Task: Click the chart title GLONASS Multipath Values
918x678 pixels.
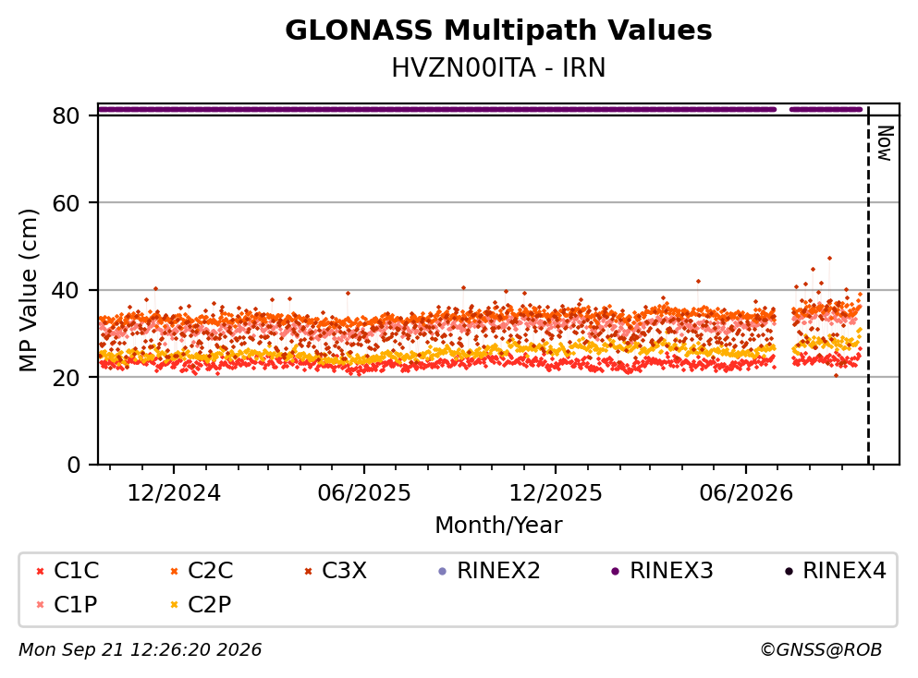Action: [x=498, y=30]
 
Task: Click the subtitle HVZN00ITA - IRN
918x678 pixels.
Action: [x=498, y=67]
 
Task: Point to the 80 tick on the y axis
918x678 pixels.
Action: [x=66, y=115]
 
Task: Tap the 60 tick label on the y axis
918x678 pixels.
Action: [x=66, y=203]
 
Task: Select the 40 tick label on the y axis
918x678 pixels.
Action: [x=66, y=290]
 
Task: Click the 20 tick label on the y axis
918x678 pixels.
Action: [x=66, y=377]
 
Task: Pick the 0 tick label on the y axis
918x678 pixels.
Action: [x=73, y=465]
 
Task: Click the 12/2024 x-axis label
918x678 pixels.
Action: [x=174, y=493]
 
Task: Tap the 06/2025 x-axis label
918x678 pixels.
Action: [x=364, y=493]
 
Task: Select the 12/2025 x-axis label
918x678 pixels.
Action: [x=555, y=493]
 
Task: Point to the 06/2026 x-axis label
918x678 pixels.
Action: [x=746, y=493]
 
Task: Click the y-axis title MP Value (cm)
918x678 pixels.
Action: [x=28, y=290]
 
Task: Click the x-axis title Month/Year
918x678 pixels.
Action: [x=498, y=526]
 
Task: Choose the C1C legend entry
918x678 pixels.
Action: [x=67, y=570]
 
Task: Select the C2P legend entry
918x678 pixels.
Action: [x=201, y=604]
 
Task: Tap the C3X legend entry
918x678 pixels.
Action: [x=336, y=570]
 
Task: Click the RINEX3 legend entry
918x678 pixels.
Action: [x=662, y=570]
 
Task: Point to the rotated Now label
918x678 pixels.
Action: [x=886, y=143]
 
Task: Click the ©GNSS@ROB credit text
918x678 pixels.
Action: [x=821, y=649]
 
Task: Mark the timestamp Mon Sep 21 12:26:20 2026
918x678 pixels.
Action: [x=140, y=649]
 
